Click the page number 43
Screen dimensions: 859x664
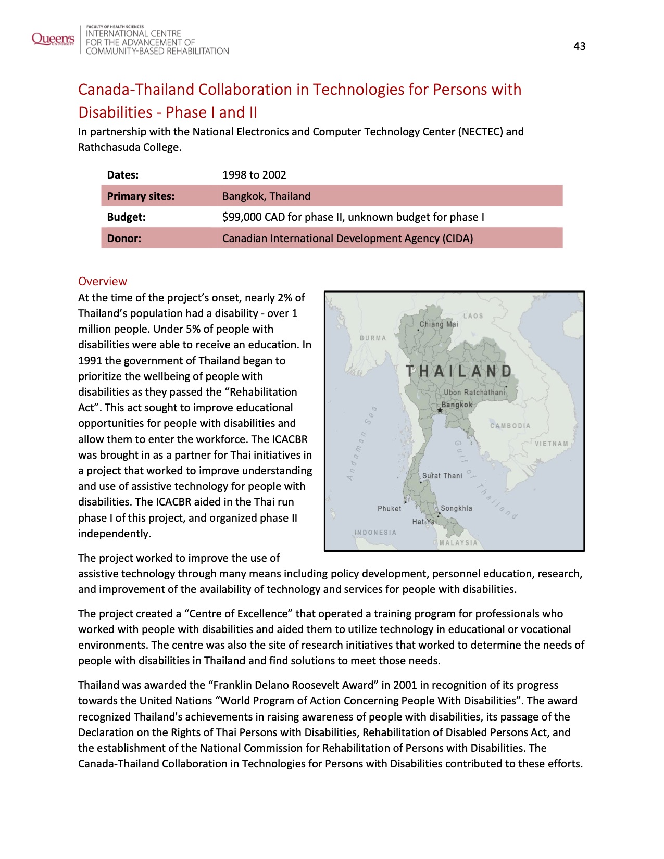579,46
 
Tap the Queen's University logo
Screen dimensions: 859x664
53,39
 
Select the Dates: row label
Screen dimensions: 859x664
123,175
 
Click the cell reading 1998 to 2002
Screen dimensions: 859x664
254,175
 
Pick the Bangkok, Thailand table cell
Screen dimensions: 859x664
266,196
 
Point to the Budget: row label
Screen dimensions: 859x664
126,217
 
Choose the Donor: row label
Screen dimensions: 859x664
124,238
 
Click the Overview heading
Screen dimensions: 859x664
103,281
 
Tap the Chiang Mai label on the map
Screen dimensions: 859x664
439,324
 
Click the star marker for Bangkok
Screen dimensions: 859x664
440,410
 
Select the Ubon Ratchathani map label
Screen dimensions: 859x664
474,393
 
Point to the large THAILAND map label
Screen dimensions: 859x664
459,371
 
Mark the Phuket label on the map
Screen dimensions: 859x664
390,509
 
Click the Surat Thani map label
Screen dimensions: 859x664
442,476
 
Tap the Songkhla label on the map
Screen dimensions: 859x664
456,509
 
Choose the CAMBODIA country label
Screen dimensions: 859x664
510,426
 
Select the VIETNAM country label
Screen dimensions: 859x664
552,444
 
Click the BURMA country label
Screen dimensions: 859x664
373,338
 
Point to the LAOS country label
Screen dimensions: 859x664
473,316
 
